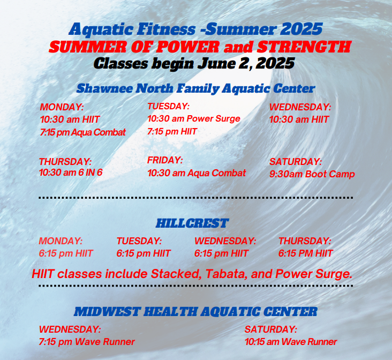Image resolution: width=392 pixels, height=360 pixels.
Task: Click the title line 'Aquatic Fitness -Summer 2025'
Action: [195, 28]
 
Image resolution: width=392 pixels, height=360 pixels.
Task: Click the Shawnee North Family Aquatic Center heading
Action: [195, 88]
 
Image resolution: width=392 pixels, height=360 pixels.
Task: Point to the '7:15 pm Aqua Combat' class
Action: [82, 132]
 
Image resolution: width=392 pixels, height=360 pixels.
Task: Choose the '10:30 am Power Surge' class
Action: [193, 118]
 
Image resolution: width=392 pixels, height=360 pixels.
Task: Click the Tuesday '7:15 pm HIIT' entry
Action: [172, 131]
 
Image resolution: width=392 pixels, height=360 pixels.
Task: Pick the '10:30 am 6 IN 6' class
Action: [71, 172]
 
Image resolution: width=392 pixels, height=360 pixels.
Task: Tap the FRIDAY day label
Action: [165, 160]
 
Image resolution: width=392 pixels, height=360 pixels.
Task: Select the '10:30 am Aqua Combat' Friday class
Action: [197, 172]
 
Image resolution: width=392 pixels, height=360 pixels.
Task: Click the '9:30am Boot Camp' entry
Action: [312, 174]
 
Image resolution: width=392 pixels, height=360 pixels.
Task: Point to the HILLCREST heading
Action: [192, 223]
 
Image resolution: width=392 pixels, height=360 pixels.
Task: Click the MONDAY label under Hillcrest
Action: [61, 241]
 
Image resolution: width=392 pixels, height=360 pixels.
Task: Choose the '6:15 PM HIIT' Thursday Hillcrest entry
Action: [305, 253]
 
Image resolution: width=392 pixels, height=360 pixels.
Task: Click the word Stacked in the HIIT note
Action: [175, 274]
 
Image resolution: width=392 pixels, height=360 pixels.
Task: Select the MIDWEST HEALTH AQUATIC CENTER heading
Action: [195, 311]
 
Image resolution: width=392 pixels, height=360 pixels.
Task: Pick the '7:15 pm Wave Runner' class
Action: [87, 341]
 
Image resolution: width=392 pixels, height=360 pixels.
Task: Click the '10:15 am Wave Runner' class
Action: [291, 341]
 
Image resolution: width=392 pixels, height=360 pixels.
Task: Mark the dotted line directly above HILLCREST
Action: [195, 198]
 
